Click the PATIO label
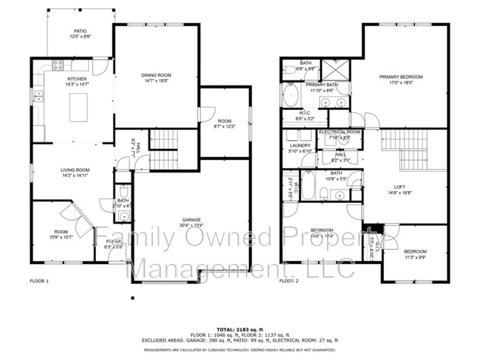click(x=79, y=33)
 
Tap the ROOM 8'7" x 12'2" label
click(x=224, y=123)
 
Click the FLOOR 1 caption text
click(x=39, y=281)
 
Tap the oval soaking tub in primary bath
click(x=289, y=95)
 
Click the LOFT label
click(x=400, y=189)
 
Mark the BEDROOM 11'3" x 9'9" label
click(x=415, y=255)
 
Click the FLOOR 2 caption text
click(x=289, y=281)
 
